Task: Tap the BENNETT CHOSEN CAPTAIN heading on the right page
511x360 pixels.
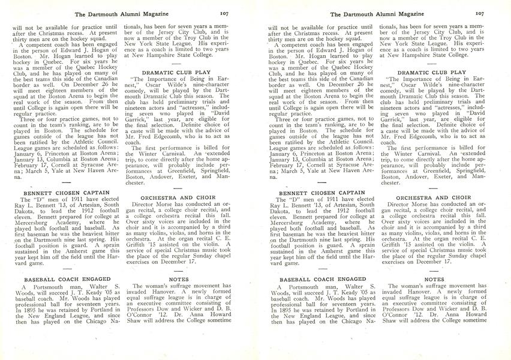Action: click(x=315, y=193)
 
